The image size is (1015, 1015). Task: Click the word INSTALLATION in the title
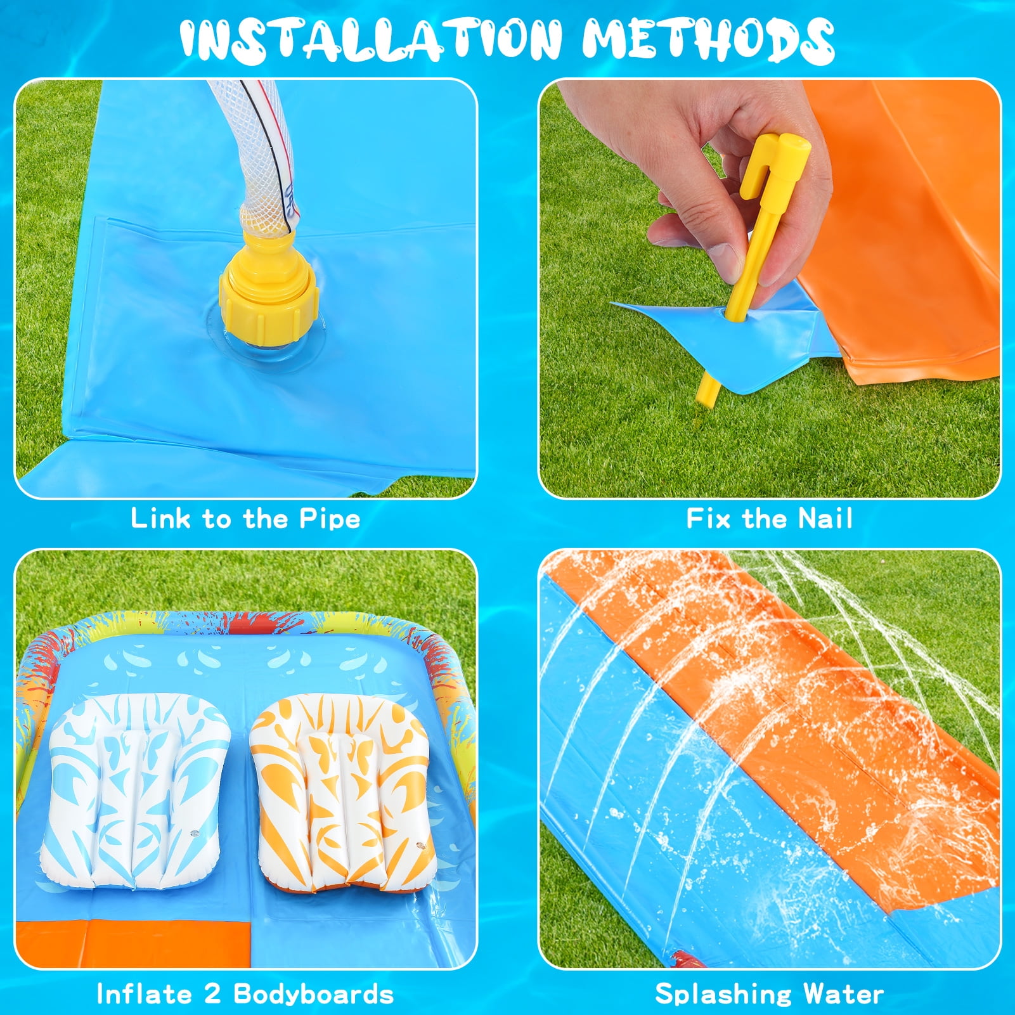click(x=371, y=39)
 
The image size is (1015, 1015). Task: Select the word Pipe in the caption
click(x=330, y=519)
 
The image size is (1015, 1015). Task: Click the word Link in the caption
click(x=160, y=519)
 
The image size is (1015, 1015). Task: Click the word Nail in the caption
click(x=825, y=519)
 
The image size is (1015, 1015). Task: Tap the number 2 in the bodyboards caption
click(x=212, y=993)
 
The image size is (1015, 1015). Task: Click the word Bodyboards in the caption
click(x=314, y=993)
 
